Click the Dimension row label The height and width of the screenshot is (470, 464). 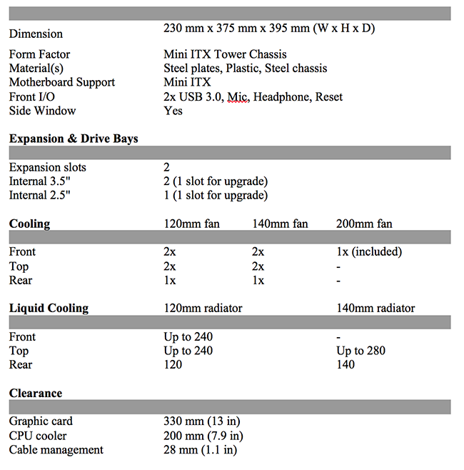click(36, 34)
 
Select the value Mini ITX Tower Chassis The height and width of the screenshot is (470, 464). click(225, 54)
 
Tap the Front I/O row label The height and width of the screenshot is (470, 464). click(33, 96)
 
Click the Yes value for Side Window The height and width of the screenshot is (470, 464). click(173, 111)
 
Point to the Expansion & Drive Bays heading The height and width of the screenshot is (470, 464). click(74, 139)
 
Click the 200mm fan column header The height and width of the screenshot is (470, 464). click(364, 224)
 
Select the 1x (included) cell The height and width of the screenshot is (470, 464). click(369, 251)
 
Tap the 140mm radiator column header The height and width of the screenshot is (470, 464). click(375, 309)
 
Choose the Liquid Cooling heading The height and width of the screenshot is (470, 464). click(49, 309)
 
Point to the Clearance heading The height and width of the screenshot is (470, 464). click(36, 393)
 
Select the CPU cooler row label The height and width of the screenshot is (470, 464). click(38, 436)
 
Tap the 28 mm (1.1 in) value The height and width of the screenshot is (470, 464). click(201, 450)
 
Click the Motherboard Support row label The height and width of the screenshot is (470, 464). click(62, 82)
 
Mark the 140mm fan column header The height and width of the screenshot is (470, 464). click(280, 224)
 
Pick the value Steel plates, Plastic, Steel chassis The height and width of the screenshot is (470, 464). click(246, 69)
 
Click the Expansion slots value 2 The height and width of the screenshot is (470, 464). click(166, 167)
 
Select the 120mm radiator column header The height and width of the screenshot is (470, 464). click(203, 309)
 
